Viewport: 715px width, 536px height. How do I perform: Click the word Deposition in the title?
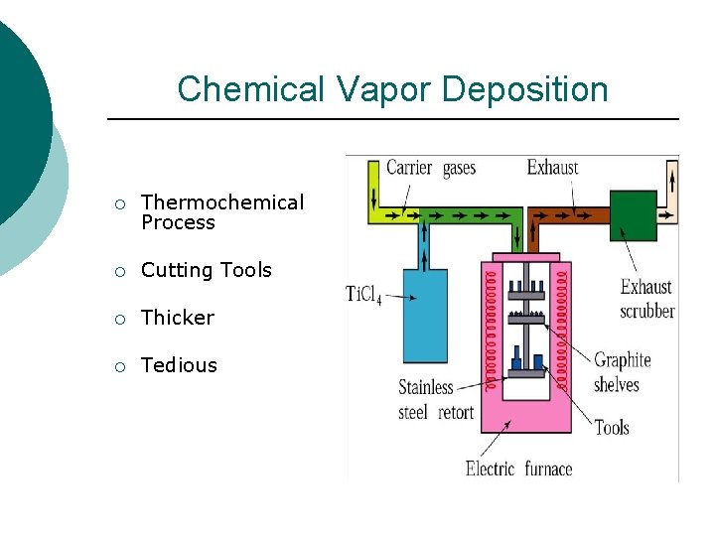click(525, 90)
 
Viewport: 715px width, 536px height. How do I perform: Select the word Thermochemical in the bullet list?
click(222, 202)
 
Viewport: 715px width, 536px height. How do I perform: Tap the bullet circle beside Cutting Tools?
click(119, 271)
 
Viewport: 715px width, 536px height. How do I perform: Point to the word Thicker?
click(178, 318)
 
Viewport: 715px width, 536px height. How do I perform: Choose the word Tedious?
click(179, 365)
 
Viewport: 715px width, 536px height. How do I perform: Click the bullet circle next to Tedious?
click(119, 366)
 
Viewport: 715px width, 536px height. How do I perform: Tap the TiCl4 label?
click(363, 294)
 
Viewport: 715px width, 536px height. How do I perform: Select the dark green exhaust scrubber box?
click(633, 216)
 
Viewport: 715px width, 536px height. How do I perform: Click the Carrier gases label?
click(430, 168)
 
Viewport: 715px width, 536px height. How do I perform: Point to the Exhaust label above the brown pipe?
click(552, 168)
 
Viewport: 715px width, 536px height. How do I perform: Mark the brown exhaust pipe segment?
click(571, 215)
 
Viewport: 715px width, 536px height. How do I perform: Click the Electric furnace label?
click(518, 468)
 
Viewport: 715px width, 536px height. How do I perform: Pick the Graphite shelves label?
click(623, 372)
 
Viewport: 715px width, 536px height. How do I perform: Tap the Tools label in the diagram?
click(612, 428)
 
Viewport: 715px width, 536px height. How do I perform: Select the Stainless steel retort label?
click(436, 399)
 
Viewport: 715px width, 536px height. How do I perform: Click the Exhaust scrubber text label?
click(647, 299)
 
